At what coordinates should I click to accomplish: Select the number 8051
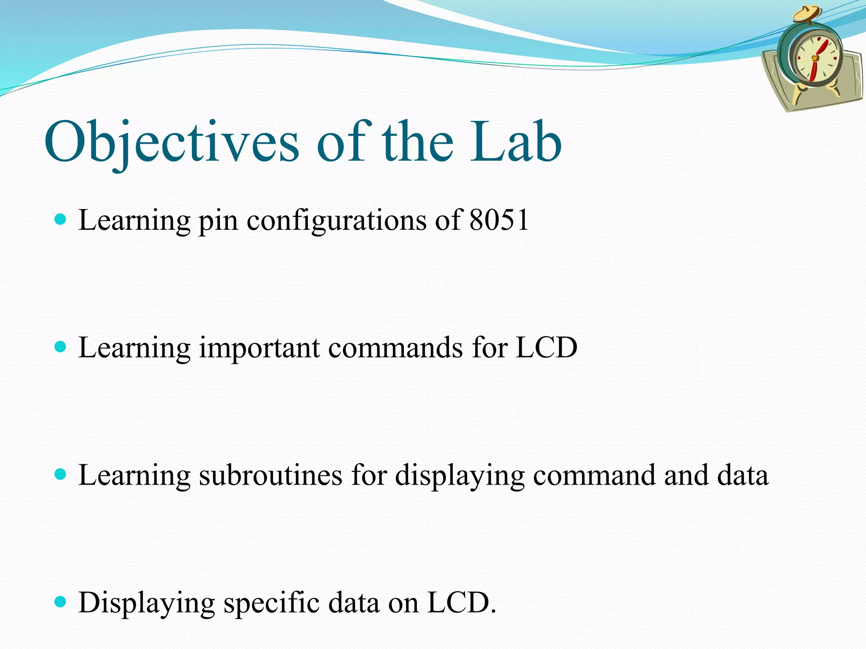click(499, 220)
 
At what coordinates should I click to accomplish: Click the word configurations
click(336, 221)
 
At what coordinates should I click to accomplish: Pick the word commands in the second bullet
click(395, 348)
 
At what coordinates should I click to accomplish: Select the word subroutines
click(270, 475)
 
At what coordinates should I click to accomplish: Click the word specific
click(271, 603)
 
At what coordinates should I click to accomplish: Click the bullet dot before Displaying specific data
click(61, 601)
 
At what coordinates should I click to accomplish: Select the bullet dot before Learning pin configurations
click(61, 219)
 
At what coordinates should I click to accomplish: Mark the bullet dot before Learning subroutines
click(61, 474)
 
